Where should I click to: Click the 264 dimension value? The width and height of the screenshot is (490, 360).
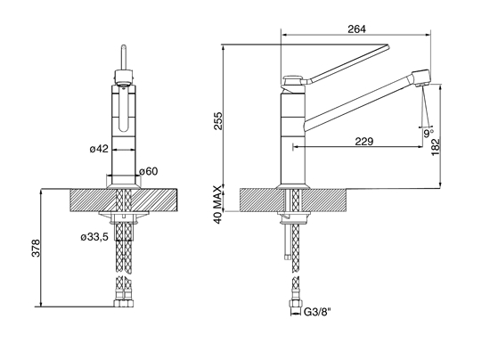[356, 29]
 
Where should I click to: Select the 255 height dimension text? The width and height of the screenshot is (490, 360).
[217, 121]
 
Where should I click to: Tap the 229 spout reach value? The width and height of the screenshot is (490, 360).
[364, 142]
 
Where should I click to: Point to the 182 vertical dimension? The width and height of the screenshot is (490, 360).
[435, 148]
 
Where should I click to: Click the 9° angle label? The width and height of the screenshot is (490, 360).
[429, 133]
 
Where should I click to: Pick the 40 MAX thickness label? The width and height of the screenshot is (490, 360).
[217, 204]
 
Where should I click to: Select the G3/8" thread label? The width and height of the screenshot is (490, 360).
[317, 312]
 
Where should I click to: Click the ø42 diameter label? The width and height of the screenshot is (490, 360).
[99, 149]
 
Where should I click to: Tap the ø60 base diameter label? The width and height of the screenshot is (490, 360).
[149, 171]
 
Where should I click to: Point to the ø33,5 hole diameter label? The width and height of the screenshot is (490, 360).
[94, 237]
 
